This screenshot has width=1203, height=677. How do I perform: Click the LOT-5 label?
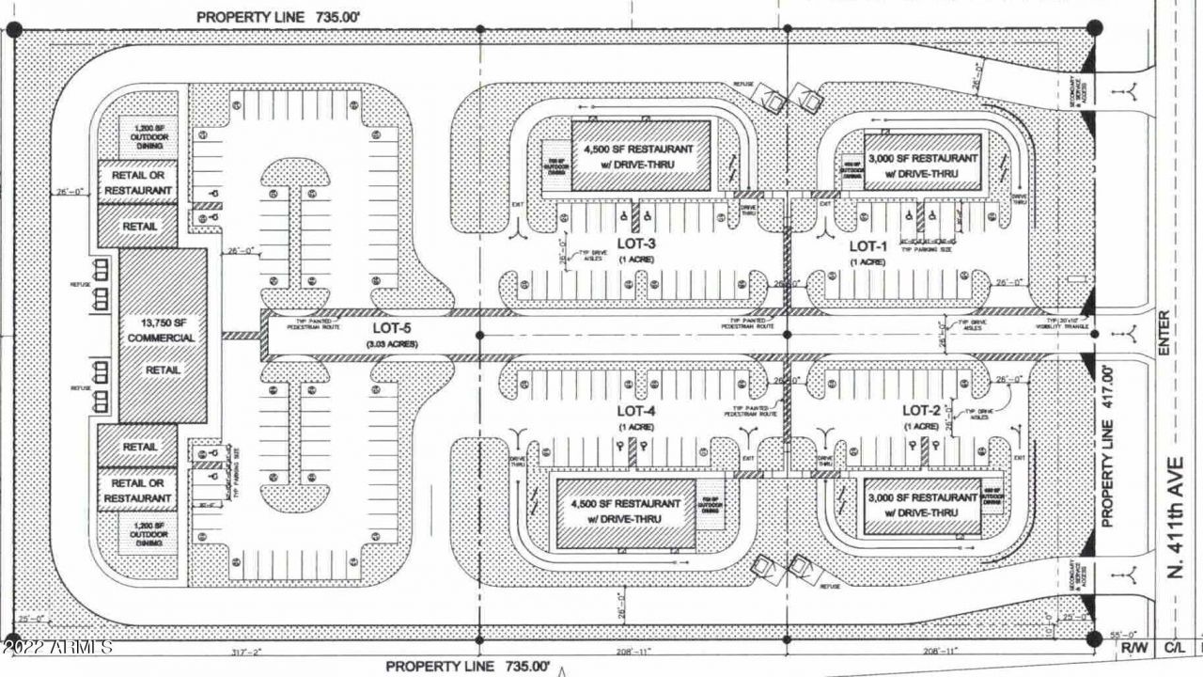pos(394,329)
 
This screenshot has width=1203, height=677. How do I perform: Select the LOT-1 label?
pos(868,246)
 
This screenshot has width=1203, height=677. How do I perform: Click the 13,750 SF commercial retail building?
pos(163,337)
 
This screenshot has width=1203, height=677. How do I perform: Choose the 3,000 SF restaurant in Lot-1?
pos(922,162)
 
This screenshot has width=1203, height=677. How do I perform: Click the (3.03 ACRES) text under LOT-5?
pos(394,344)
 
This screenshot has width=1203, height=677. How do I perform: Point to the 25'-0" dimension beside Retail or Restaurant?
pos(69,192)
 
